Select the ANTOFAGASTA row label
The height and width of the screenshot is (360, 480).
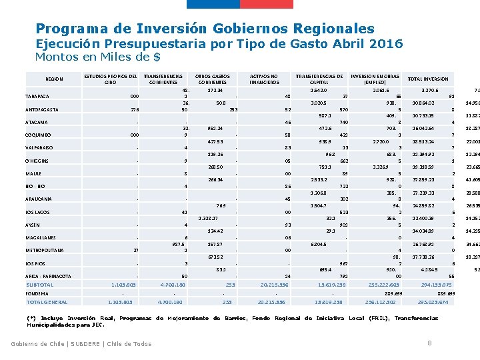tap(42, 109)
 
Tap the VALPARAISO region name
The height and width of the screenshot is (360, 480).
tap(40, 147)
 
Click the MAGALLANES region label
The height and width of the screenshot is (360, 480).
tap(41, 237)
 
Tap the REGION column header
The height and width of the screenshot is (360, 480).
tap(55, 79)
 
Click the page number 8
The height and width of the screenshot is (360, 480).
tap(429, 343)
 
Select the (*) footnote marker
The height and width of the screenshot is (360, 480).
tap(31, 318)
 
